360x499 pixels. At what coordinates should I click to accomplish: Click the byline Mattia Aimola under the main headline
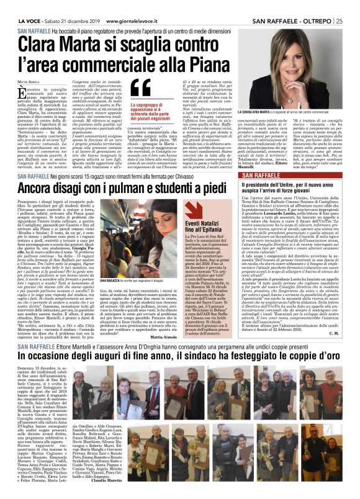click(x=29, y=81)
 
